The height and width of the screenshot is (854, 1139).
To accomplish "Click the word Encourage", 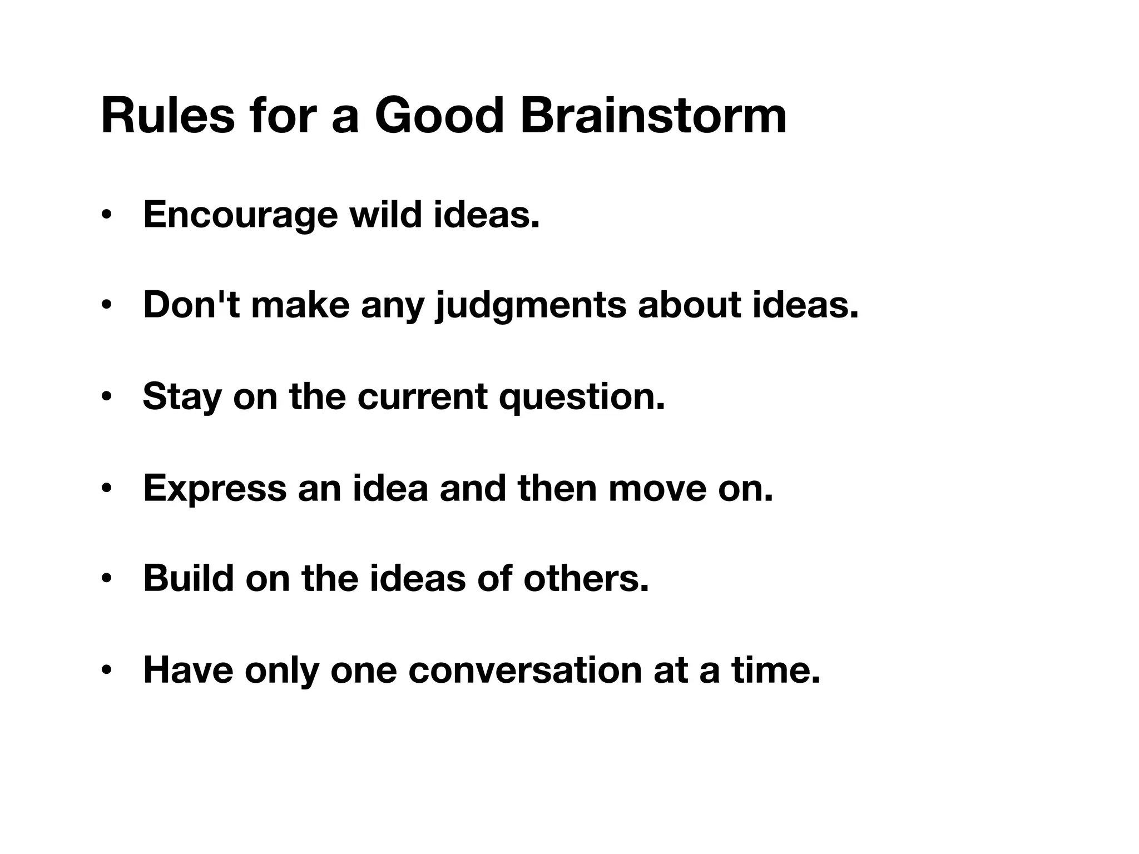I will click(x=240, y=215).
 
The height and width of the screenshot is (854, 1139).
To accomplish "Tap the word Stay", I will click(x=182, y=398).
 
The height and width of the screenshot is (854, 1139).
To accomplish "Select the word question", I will click(x=582, y=398).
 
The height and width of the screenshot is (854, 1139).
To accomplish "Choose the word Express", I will click(x=215, y=488).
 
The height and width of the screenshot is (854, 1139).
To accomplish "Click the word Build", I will click(x=189, y=578).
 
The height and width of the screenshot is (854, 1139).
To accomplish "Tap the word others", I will click(x=586, y=578).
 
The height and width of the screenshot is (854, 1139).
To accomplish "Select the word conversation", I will click(x=525, y=669).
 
